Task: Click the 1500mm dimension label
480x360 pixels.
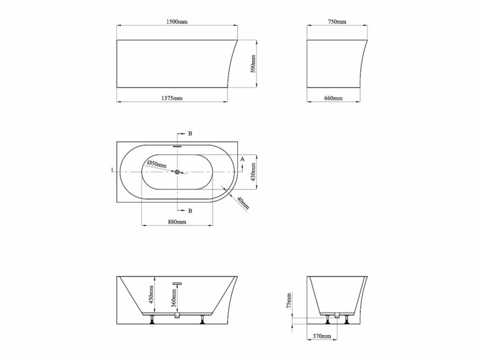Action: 177,22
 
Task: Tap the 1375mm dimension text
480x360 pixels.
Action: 172,98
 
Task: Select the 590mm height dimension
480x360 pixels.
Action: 253,64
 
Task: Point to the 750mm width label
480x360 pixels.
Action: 337,22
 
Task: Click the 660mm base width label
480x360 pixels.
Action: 333,98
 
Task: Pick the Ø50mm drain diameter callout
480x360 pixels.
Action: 157,164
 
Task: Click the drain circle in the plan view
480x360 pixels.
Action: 177,172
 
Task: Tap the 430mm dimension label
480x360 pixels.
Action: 253,172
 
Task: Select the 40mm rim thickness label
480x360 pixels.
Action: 243,203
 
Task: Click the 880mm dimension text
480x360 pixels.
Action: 177,222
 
